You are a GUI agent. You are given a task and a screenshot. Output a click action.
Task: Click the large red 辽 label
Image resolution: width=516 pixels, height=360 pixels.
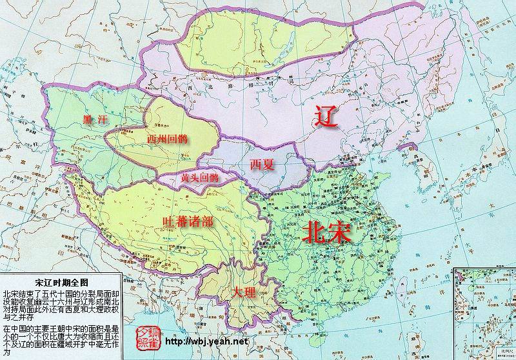click(325, 117)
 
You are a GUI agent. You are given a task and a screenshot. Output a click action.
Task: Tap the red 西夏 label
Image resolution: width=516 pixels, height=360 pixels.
click(263, 165)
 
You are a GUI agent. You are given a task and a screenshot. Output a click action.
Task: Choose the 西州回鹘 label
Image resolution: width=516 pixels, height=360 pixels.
click(167, 139)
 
